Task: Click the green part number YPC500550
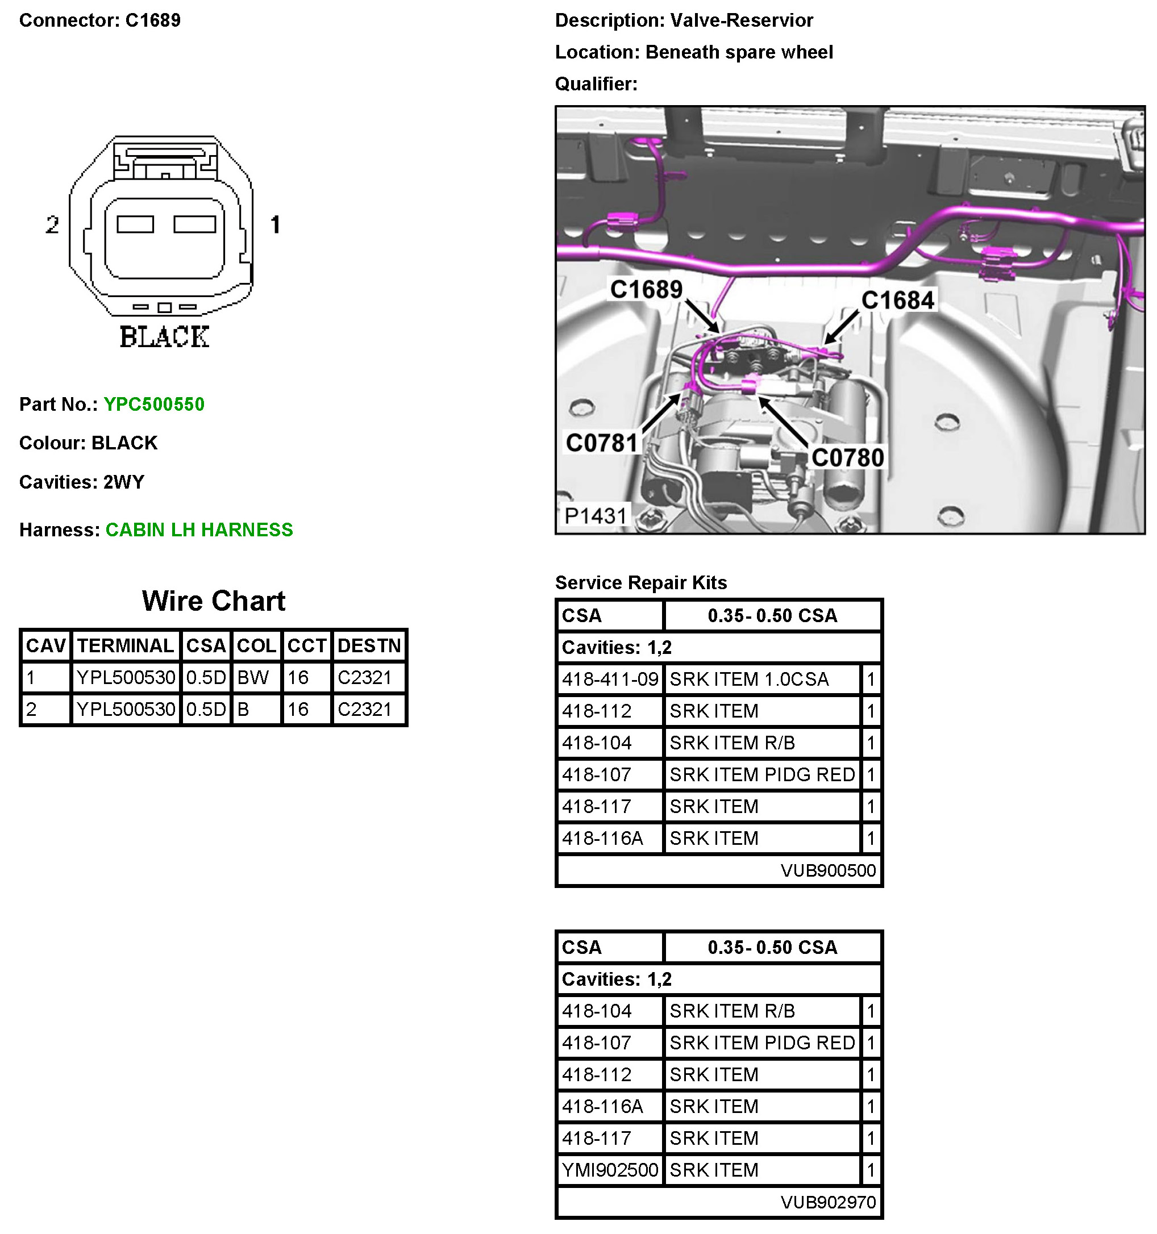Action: pos(154,404)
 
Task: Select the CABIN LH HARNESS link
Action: pos(199,530)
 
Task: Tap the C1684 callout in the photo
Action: pos(897,301)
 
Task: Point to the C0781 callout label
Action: pos(601,443)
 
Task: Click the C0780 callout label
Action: pos(847,458)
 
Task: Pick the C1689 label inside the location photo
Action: pos(646,289)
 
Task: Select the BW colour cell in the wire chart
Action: pos(253,677)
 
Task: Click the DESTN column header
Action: pos(369,645)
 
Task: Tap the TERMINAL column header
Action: pos(126,645)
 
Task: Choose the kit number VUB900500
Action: pos(828,870)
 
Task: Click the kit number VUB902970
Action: pos(828,1202)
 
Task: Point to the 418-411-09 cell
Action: pos(610,679)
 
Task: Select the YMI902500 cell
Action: pos(610,1169)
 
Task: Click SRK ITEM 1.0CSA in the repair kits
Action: pos(748,679)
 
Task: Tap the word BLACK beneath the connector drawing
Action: pos(164,337)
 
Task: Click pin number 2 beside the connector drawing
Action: pos(52,225)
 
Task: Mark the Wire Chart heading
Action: pos(214,601)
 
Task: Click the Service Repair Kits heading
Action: pos(640,582)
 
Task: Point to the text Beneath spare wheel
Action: pos(739,52)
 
